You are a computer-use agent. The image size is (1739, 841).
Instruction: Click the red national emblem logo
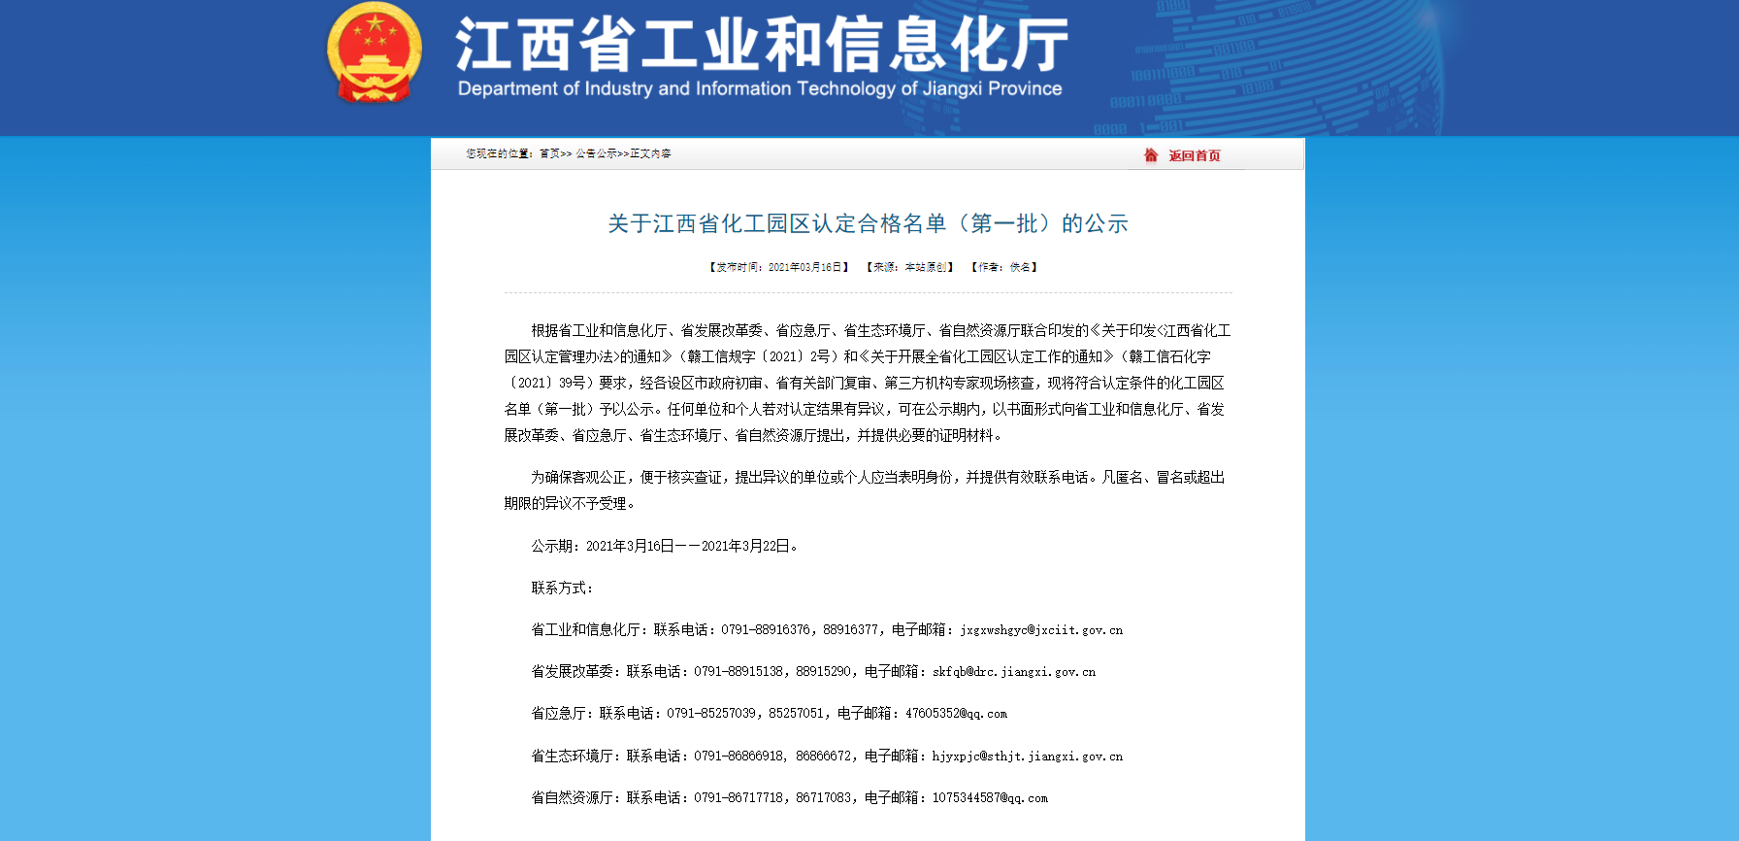375,52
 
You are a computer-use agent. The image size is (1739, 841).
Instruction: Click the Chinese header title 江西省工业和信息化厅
762,45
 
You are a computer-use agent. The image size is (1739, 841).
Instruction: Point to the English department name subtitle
760,89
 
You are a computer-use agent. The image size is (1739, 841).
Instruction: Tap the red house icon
1151,155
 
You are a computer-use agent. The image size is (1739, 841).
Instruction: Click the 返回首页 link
1194,155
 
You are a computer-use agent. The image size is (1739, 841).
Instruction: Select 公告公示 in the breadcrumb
596,153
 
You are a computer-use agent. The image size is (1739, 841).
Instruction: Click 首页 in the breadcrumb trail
550,153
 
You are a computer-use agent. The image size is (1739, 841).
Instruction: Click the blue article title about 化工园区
868,223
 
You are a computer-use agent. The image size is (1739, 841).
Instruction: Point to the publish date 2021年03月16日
805,267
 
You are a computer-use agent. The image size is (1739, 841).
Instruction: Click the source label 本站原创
926,267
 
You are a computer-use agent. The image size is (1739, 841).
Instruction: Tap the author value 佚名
1020,267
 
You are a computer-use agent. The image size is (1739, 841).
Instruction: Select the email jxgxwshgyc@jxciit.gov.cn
1041,630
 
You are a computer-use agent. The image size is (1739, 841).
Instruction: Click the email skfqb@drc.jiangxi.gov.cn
1014,672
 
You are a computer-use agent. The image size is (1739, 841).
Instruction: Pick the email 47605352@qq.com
956,714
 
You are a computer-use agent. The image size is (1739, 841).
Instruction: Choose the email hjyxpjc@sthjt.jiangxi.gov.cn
1028,757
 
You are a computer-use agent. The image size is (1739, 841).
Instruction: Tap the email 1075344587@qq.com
990,798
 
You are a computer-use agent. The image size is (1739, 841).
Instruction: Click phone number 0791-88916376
766,630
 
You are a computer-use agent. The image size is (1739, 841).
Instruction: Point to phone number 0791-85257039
711,714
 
